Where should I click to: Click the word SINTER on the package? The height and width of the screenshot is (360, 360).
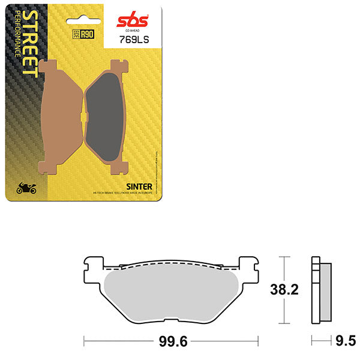point(139,187)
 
